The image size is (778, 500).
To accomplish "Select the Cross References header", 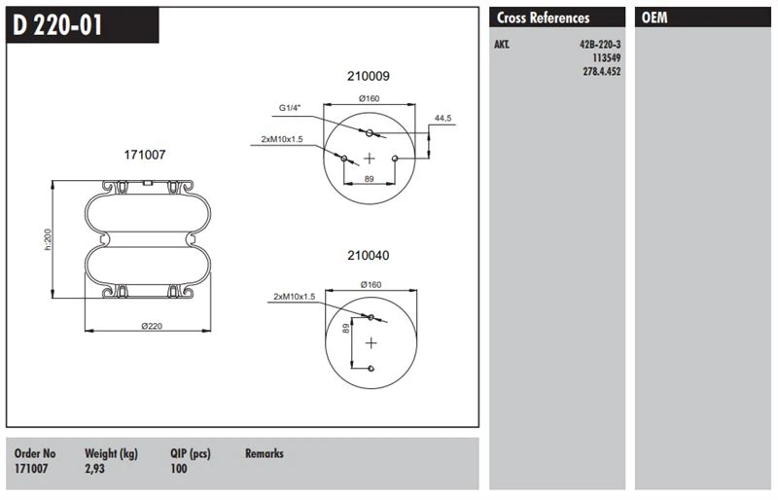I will [x=543, y=18].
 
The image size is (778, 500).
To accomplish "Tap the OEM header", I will [x=654, y=18].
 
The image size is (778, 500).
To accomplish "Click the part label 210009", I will [x=369, y=76].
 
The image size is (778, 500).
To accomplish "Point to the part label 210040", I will [x=369, y=256].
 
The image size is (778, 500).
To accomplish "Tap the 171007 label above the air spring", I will [x=144, y=155].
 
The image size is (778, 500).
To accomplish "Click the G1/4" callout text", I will [x=291, y=108].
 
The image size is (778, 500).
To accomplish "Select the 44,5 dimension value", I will [x=443, y=118].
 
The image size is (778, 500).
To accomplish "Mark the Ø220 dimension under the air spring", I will [x=151, y=326].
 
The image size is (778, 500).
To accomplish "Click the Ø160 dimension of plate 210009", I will [x=369, y=98].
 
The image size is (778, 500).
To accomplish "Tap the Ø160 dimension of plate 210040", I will [x=369, y=283].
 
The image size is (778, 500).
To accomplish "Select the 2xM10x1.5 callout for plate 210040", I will [x=295, y=296].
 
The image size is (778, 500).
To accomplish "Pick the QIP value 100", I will [x=179, y=469].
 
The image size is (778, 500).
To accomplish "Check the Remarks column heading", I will [x=264, y=453].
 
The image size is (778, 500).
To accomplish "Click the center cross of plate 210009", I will [x=369, y=157].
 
